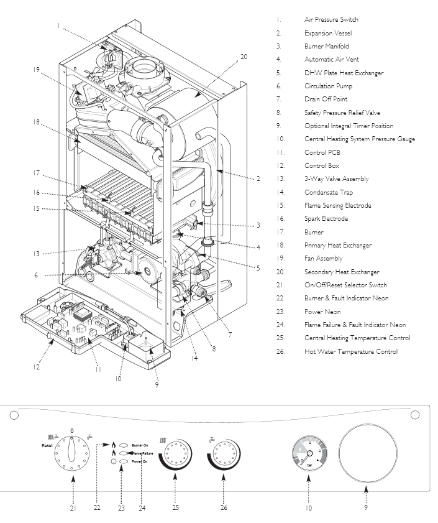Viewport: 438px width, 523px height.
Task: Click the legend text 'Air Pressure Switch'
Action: point(331,20)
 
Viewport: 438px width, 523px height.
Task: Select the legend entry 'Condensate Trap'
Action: point(328,192)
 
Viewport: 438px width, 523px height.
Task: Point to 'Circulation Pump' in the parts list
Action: point(327,86)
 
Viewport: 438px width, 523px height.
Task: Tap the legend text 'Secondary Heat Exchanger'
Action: point(341,272)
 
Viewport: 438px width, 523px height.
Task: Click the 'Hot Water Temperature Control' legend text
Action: point(351,351)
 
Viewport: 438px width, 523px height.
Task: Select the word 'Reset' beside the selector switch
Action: point(47,446)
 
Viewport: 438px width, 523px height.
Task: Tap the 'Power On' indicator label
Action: point(140,461)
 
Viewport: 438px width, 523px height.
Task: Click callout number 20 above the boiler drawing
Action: point(244,57)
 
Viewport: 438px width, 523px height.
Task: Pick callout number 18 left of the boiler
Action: point(37,123)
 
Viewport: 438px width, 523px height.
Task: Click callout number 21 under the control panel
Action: point(73,508)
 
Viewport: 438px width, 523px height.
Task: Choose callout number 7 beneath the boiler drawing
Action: point(230,335)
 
